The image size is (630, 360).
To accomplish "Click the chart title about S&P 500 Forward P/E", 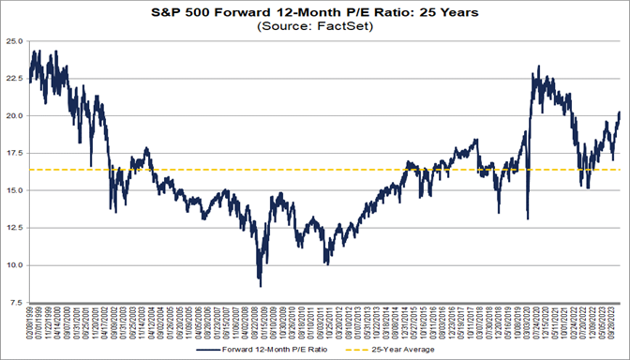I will (x=315, y=12).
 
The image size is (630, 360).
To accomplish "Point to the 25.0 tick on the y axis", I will (x=14, y=42).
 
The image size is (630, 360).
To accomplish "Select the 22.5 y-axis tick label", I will (x=14, y=79).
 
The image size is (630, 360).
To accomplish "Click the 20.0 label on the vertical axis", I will (x=14, y=116).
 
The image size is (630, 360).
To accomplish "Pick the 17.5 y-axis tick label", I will (x=14, y=154).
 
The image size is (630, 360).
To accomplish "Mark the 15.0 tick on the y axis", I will (x=14, y=190).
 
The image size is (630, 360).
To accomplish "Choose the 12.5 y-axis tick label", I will (x=14, y=228).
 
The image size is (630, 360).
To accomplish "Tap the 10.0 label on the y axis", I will (x=14, y=265).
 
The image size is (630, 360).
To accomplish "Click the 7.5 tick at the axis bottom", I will (x=16, y=302).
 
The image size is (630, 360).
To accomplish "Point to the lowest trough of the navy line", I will (x=260, y=286).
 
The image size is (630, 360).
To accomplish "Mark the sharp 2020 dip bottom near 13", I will (x=528, y=218).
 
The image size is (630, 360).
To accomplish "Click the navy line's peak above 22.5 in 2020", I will (x=537, y=67).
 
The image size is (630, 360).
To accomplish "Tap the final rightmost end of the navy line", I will (x=620, y=112).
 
